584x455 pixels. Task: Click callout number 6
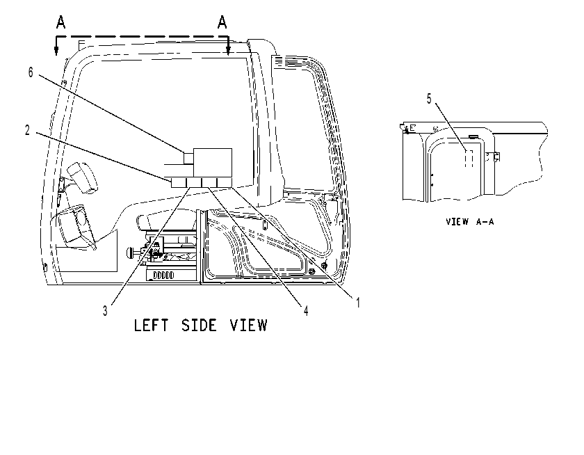click(x=31, y=72)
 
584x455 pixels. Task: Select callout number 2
click(x=27, y=130)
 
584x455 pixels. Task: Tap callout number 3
click(x=106, y=311)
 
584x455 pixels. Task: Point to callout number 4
click(x=306, y=311)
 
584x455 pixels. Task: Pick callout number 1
click(x=358, y=303)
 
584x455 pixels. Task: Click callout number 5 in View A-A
click(x=429, y=99)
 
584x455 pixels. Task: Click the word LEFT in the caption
click(x=151, y=326)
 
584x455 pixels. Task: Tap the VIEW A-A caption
click(x=470, y=222)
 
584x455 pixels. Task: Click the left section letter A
click(x=60, y=22)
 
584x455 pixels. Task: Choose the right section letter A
click(x=222, y=22)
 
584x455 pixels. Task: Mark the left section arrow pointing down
click(x=56, y=46)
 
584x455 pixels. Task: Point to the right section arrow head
click(x=228, y=51)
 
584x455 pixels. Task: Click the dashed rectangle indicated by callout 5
click(x=469, y=159)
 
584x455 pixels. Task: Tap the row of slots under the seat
click(x=163, y=276)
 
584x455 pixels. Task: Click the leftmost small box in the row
click(x=179, y=182)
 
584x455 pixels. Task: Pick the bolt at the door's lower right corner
click(x=325, y=266)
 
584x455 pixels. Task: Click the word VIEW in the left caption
click(x=249, y=326)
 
